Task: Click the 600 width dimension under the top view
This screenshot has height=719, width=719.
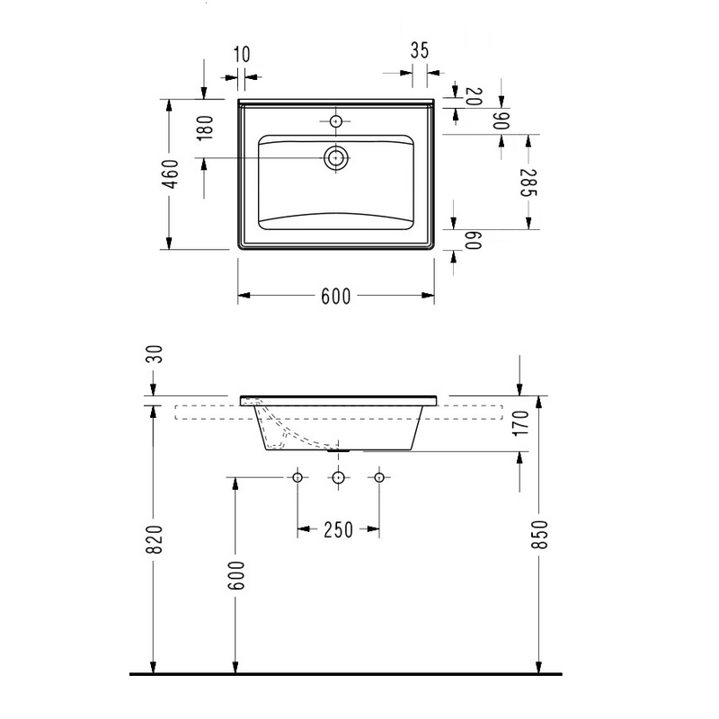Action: pyautogui.click(x=335, y=297)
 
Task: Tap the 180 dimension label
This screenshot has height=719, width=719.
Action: pyautogui.click(x=204, y=129)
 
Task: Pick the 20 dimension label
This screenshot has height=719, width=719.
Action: pyautogui.click(x=474, y=96)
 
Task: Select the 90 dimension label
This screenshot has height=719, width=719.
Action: pyautogui.click(x=501, y=120)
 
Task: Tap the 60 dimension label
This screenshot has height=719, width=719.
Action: pyautogui.click(x=474, y=240)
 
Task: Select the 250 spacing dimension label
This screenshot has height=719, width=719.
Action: pyautogui.click(x=337, y=531)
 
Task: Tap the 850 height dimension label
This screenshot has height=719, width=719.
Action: pyautogui.click(x=540, y=537)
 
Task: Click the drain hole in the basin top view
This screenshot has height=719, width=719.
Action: pyautogui.click(x=336, y=158)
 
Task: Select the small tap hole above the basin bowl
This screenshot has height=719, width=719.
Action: pyautogui.click(x=336, y=120)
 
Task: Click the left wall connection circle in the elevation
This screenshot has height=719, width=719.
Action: pyautogui.click(x=297, y=476)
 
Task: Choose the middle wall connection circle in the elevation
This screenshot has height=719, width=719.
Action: pyautogui.click(x=338, y=476)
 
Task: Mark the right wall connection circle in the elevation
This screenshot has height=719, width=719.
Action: pyautogui.click(x=378, y=476)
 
